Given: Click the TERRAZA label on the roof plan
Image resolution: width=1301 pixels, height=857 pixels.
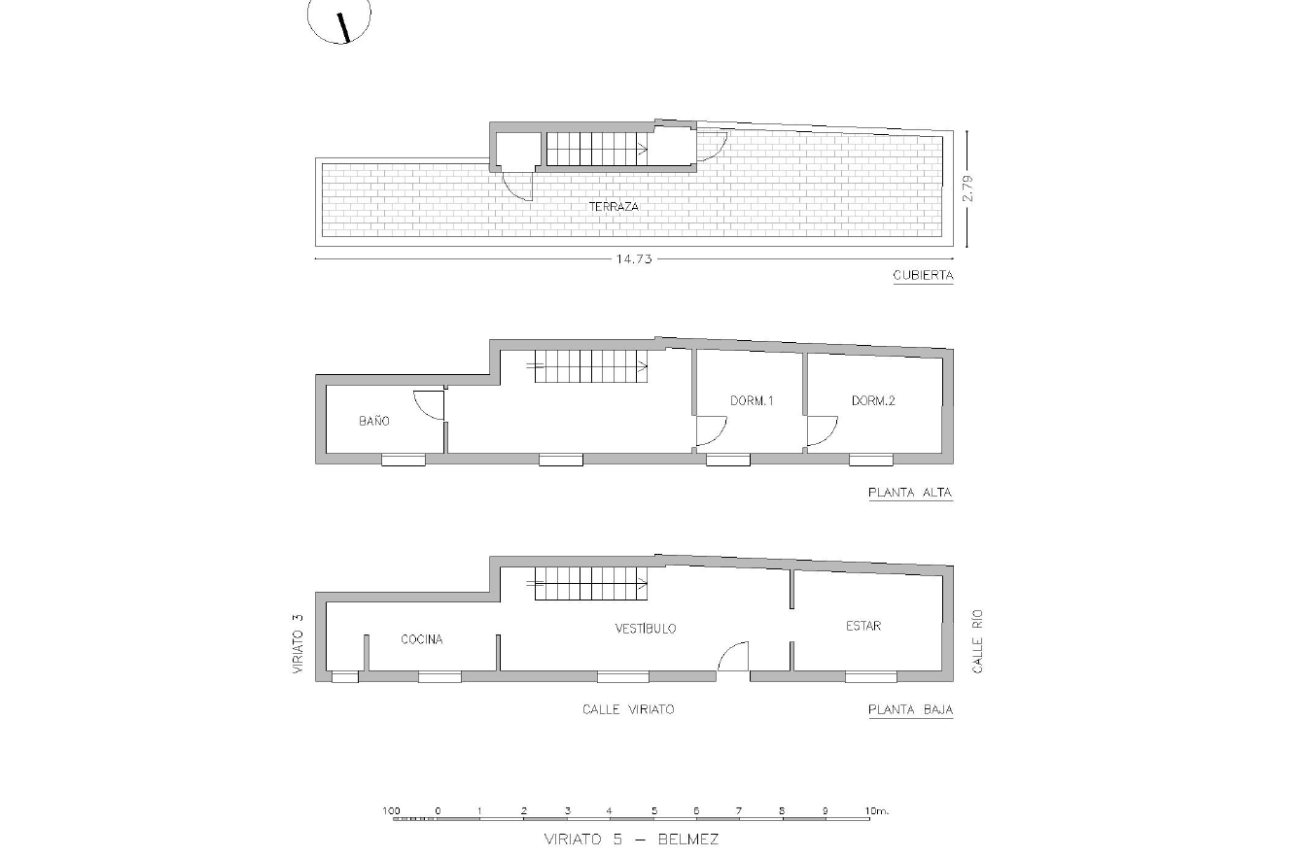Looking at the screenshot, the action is (x=614, y=207).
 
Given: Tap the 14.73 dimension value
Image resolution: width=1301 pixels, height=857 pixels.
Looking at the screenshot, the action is (x=634, y=259).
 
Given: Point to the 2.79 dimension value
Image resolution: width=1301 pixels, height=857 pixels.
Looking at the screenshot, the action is (x=967, y=189).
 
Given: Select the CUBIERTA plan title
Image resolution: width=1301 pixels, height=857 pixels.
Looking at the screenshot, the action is (x=923, y=275).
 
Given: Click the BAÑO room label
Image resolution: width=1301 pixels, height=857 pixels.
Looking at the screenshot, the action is (x=374, y=421).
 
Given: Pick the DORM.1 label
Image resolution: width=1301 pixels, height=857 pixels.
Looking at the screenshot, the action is (x=752, y=400).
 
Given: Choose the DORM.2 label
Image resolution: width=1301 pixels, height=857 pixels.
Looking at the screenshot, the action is (x=873, y=400).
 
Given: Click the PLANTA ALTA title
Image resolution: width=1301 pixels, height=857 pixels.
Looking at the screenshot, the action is (x=910, y=493).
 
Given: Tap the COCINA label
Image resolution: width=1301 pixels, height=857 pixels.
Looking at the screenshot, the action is (x=422, y=639).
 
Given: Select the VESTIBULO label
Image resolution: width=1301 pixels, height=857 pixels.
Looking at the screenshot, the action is (x=646, y=629).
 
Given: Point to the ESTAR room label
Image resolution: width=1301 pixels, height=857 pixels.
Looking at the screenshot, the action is (x=863, y=626).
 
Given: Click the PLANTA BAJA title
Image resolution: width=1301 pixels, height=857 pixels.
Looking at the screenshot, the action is (x=910, y=709).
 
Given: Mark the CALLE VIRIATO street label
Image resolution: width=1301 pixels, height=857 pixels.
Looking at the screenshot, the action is (x=628, y=709).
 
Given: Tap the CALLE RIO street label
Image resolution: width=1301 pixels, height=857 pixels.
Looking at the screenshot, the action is (x=977, y=641).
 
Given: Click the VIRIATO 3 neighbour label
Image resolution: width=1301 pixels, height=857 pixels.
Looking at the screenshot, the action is (x=298, y=643).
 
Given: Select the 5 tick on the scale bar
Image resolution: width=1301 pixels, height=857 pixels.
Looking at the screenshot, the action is (x=654, y=811).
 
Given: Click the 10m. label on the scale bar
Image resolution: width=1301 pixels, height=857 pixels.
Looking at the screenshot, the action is (x=877, y=811).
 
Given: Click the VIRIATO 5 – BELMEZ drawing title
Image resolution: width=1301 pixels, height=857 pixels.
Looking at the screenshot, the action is (x=631, y=839).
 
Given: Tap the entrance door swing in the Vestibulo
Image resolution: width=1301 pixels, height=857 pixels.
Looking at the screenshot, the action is (x=733, y=656).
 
